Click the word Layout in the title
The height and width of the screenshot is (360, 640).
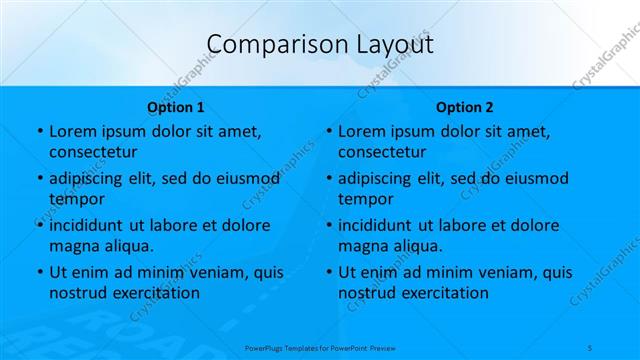pos(389,44)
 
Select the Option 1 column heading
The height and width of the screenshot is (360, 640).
pos(176,107)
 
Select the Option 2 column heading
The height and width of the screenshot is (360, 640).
pos(465,107)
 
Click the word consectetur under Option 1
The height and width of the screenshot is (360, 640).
pos(93,152)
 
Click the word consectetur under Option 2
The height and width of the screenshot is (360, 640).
pos(382,152)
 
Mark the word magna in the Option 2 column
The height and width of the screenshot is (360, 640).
pos(361,246)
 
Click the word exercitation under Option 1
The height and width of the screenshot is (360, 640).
pos(155,293)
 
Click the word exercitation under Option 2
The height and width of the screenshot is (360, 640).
pos(444,293)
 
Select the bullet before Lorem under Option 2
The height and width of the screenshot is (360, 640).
pos(328,131)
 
